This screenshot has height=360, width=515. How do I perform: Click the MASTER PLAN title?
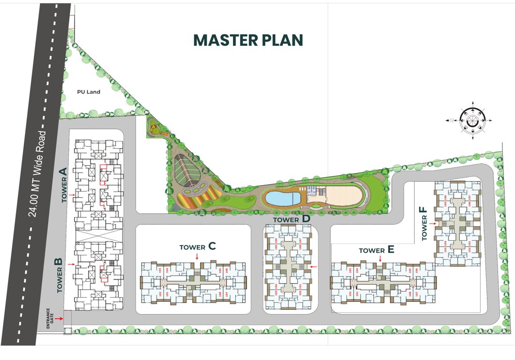248,40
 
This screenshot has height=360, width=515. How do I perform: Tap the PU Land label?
89,92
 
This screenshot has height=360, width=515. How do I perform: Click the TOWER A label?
64,186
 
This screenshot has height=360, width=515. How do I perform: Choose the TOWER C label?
197,247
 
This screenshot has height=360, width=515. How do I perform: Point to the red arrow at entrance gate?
59,319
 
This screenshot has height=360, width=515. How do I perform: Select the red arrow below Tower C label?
197,256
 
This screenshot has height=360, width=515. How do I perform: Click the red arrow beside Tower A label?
71,194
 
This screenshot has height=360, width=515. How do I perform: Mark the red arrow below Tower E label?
380,258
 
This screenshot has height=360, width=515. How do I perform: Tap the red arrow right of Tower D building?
314,267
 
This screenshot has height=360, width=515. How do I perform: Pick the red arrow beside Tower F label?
437,224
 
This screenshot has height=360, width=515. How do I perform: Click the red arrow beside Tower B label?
71,265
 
